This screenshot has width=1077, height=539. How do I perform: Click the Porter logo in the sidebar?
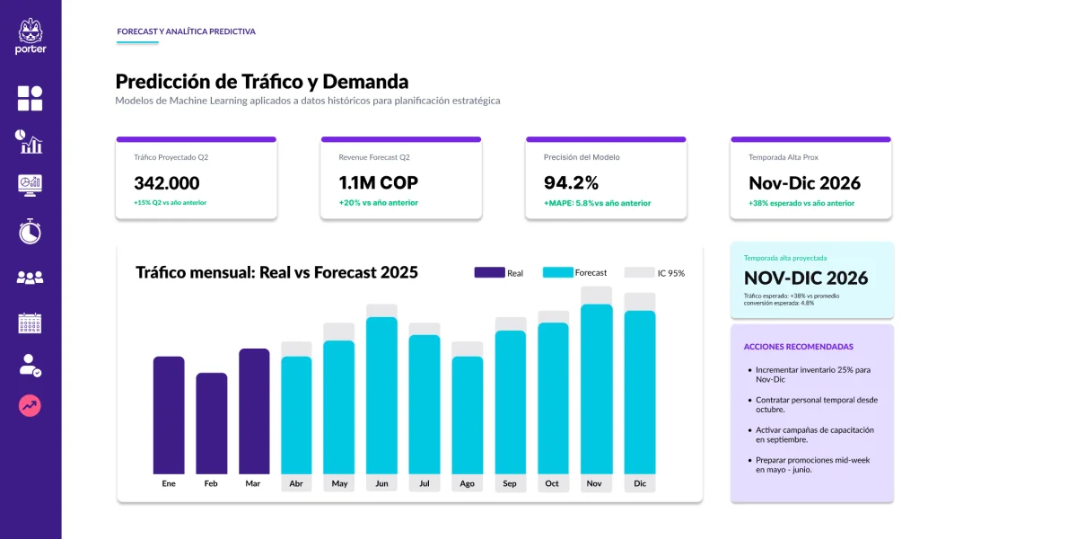31,36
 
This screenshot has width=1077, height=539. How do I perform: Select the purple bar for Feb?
211,422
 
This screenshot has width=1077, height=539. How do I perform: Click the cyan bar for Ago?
467,414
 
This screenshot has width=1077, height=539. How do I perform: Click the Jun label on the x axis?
381,483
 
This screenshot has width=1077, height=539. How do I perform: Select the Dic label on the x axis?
640,483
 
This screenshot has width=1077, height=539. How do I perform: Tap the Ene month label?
169,483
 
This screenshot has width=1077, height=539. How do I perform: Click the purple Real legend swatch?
489,272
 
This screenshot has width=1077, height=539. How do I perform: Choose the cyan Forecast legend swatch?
557,272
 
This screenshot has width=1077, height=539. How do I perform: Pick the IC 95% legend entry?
654,272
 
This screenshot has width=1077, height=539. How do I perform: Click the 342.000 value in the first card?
167,183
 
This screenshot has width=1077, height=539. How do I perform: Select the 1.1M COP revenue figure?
378,183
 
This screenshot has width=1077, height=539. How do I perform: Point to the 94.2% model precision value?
571,183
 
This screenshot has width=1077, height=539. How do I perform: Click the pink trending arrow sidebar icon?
31,406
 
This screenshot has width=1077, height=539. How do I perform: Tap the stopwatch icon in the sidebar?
31,231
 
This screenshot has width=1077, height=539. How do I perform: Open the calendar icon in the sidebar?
31,323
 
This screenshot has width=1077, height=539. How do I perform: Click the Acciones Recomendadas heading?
785,347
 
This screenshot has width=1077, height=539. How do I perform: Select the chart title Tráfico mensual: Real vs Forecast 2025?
276,272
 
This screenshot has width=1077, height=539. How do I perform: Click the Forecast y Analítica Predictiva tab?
186,31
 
